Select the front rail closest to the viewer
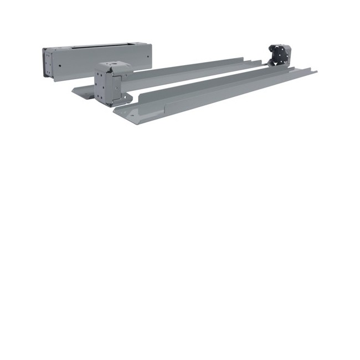[x=216, y=94]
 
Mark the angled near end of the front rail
[x=125, y=114]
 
